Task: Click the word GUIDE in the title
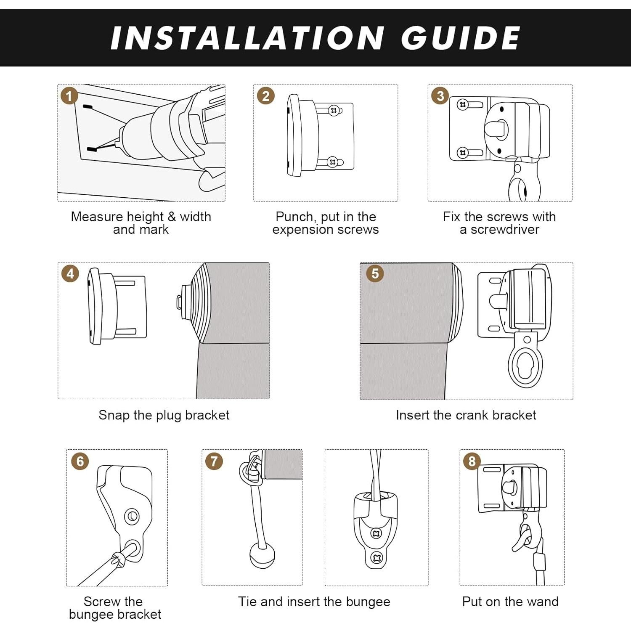click(x=461, y=38)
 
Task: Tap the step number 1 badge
click(x=69, y=96)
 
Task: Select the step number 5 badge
click(x=375, y=273)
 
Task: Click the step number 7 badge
click(x=214, y=461)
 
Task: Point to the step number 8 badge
click(x=472, y=461)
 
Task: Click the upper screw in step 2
click(x=334, y=111)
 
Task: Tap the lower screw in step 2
click(x=333, y=162)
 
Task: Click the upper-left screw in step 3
click(x=463, y=104)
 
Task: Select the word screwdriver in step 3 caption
click(x=505, y=230)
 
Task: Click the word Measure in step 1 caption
click(x=96, y=217)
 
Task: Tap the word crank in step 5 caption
click(x=472, y=415)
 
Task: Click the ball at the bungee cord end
click(x=262, y=556)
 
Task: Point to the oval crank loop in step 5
click(x=525, y=366)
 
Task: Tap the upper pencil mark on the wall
click(x=87, y=107)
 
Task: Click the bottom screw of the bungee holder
click(x=376, y=558)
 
